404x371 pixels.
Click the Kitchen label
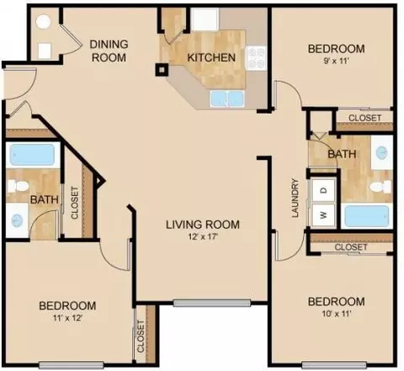(211, 57)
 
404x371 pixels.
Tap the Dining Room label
(109, 50)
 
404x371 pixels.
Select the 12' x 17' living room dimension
(203, 237)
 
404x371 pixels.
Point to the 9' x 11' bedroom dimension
(337, 61)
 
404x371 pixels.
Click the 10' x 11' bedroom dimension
(337, 314)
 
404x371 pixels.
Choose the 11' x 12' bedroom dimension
(67, 318)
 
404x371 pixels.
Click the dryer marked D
(324, 190)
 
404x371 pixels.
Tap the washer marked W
(324, 215)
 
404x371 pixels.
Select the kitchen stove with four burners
(256, 58)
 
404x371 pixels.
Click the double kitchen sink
(227, 98)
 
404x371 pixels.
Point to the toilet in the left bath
(18, 186)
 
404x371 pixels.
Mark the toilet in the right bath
(380, 187)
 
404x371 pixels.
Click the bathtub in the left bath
(33, 155)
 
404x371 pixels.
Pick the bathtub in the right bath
(367, 215)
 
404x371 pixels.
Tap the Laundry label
(295, 198)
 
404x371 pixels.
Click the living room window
(212, 303)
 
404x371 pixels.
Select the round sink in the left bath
(17, 220)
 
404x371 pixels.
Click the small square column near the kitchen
(162, 70)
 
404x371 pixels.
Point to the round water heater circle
(43, 22)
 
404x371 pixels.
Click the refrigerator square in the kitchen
(205, 19)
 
